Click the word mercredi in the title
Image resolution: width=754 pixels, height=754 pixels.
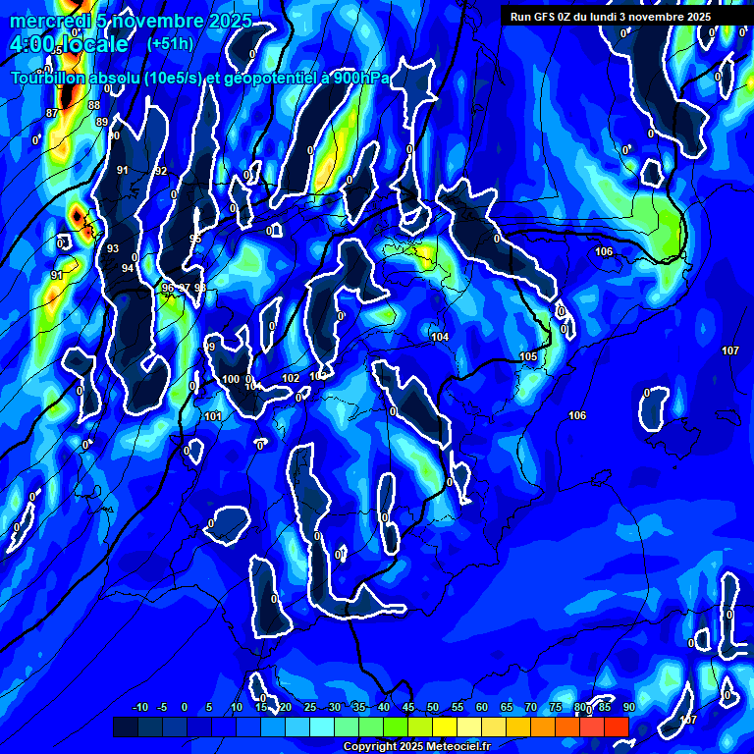[48, 21]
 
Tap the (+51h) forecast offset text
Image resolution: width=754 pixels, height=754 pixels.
[170, 44]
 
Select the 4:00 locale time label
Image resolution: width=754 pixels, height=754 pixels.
[69, 45]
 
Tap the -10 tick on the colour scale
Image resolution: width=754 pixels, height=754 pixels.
[140, 708]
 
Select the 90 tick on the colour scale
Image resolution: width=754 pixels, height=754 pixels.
[628, 708]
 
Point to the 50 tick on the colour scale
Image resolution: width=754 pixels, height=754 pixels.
[433, 708]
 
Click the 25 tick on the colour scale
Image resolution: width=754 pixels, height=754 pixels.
[310, 708]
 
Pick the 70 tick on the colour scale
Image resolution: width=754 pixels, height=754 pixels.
[531, 708]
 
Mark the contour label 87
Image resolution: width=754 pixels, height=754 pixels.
[52, 114]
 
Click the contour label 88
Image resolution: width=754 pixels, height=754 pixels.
[94, 105]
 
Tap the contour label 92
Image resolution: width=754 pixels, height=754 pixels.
[161, 171]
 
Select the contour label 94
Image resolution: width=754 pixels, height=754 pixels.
[128, 268]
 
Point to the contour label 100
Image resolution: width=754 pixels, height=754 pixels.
[231, 379]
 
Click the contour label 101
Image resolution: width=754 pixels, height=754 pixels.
[213, 416]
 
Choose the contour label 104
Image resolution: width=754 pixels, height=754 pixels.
[440, 337]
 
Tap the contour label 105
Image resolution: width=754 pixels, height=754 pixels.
[528, 356]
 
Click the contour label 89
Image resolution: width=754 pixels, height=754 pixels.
[102, 122]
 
